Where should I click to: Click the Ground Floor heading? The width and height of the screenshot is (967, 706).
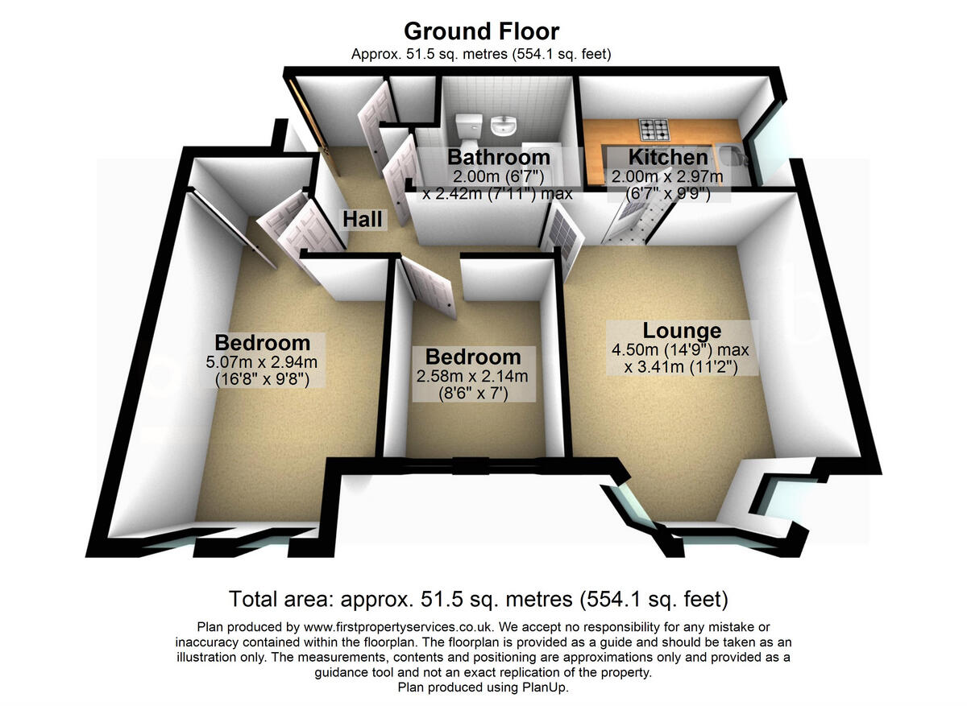click(482, 31)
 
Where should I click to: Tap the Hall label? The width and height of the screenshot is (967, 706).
click(362, 218)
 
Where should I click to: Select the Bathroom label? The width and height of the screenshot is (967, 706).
click(498, 157)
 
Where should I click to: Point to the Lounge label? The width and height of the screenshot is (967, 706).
click(681, 331)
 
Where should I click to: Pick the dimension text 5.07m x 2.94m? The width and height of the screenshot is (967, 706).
click(262, 361)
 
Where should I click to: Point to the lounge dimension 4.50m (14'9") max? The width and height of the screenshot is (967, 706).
click(680, 350)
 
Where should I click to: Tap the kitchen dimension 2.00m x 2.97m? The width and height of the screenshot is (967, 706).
click(667, 176)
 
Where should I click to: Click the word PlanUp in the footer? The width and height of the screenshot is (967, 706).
click(548, 688)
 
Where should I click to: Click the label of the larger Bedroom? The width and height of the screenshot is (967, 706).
click(262, 342)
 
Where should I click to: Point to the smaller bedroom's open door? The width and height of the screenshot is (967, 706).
click(426, 282)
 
